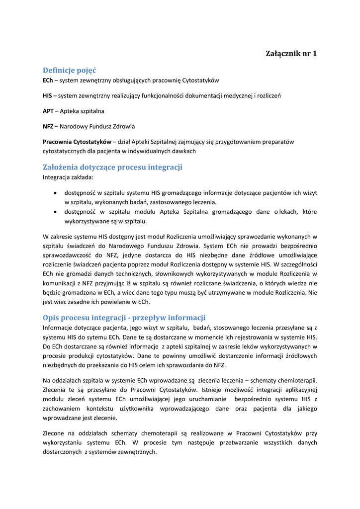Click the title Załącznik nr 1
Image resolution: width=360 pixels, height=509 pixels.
(291, 54)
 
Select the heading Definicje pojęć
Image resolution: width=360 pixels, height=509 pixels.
(70, 70)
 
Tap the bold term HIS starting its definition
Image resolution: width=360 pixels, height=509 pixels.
(47, 95)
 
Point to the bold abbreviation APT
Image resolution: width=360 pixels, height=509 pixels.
(48, 111)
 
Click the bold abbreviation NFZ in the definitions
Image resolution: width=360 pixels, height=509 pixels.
(48, 126)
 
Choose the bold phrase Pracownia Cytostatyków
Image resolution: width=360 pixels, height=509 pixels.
(77, 142)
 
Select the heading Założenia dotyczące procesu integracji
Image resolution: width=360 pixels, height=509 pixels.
(112, 167)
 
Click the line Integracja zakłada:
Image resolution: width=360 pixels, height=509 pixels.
(68, 176)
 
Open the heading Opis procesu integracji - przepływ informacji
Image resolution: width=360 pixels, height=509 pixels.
(124, 318)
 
